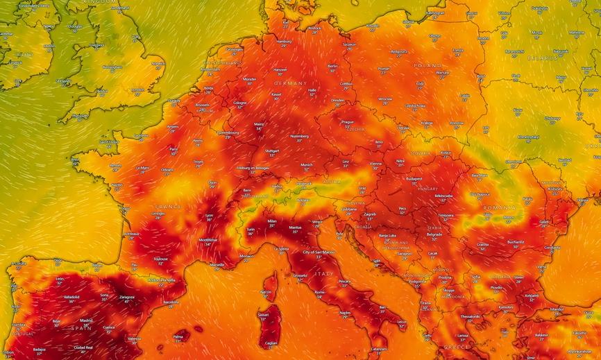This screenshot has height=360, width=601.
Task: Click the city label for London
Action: [x=137, y=89]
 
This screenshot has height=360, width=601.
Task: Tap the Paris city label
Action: [x=174, y=148]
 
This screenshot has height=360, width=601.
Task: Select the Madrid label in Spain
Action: [x=86, y=320]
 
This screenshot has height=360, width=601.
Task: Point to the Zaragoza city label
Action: [x=126, y=295]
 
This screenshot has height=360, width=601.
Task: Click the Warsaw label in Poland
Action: [x=443, y=72]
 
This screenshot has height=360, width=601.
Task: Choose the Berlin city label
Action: [x=332, y=66]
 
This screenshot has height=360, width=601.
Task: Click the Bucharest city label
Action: [x=515, y=242]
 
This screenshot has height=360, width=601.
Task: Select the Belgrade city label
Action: [x=434, y=234]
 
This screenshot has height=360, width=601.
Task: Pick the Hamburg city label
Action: [x=284, y=41]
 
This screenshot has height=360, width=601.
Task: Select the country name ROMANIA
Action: [x=500, y=207]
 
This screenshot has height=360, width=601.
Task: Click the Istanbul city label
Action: [x=557, y=309]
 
